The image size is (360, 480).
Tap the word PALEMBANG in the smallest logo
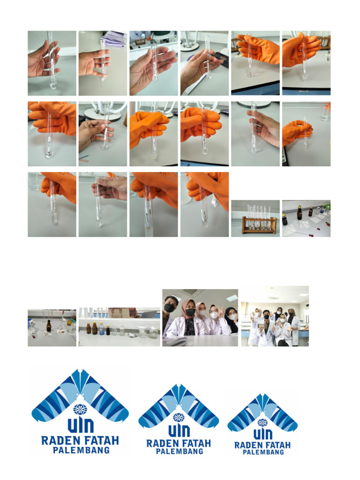point(263,452)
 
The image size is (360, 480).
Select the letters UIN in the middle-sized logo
point(179,430)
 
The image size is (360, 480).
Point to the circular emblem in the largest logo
point(80,409)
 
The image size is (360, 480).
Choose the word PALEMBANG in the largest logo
point(81,450)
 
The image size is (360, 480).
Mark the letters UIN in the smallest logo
point(262,434)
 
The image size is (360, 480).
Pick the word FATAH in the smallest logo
point(277,445)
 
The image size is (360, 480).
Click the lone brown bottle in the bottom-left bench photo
point(49,325)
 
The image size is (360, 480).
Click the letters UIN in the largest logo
point(80,426)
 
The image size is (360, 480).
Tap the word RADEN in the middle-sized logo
point(162,443)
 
